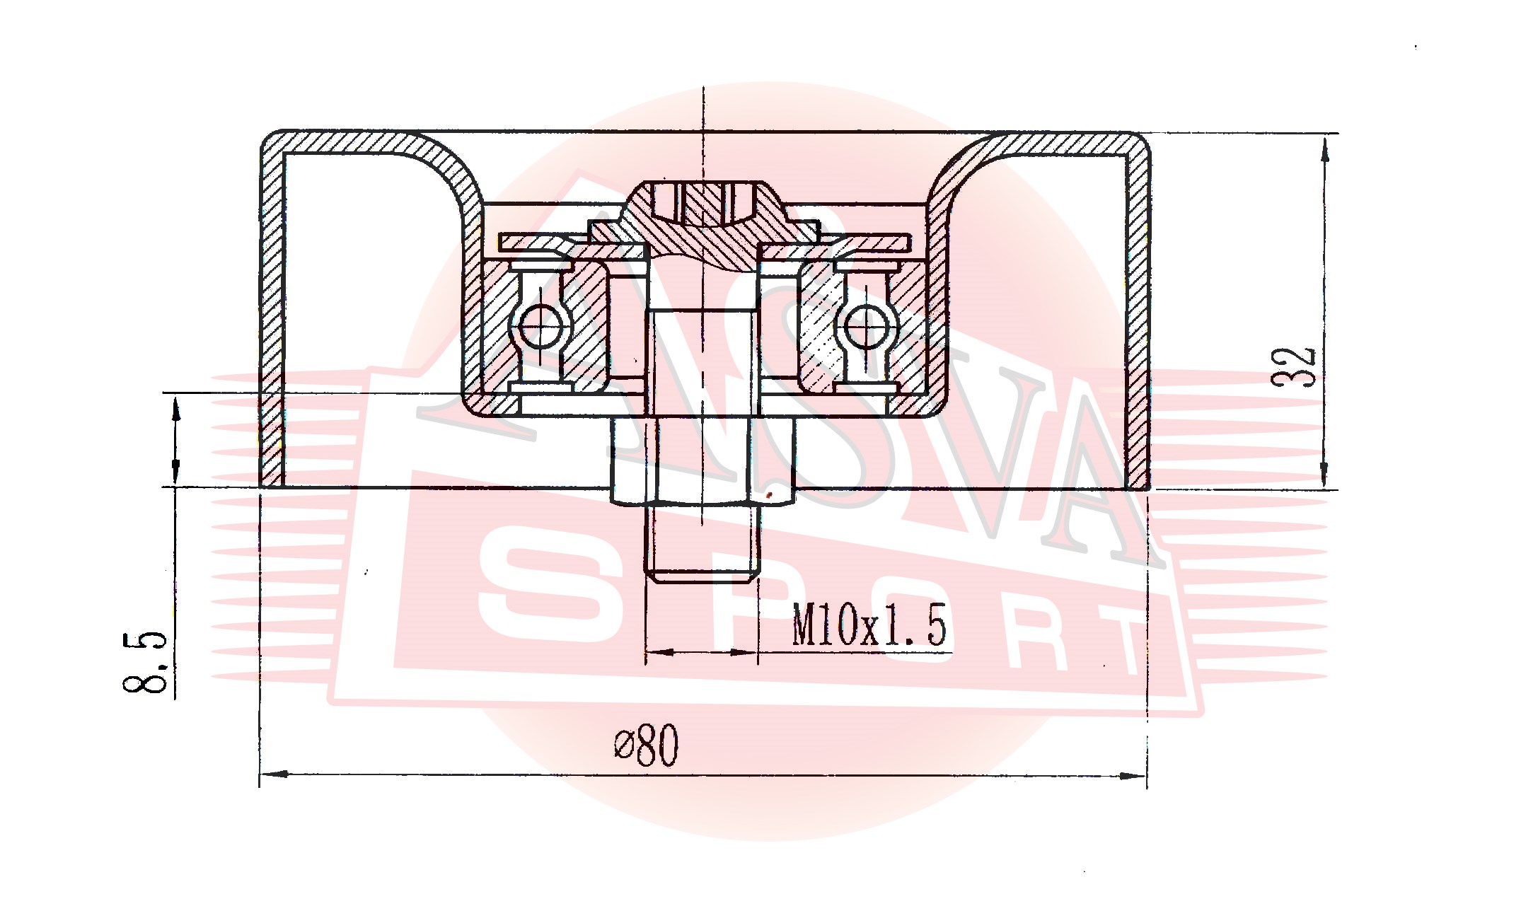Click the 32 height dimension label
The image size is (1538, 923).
click(x=1294, y=366)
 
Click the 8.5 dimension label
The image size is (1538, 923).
click(x=145, y=662)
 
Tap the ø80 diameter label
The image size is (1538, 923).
click(x=646, y=745)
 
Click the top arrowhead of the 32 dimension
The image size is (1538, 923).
click(x=1325, y=149)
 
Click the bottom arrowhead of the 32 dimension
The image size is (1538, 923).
click(x=1325, y=472)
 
